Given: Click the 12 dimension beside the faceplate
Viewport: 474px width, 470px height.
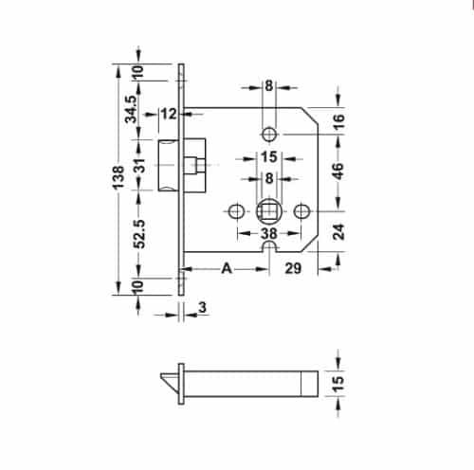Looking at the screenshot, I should [x=169, y=115].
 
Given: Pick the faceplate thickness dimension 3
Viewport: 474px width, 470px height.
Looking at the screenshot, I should [x=203, y=307].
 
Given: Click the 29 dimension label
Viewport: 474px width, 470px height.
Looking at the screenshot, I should [x=293, y=269].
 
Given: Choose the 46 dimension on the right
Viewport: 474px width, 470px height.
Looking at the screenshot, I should [x=337, y=172].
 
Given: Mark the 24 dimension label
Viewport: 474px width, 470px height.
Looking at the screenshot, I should [x=337, y=229].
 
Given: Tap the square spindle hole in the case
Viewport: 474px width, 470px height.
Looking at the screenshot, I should [x=268, y=208].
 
